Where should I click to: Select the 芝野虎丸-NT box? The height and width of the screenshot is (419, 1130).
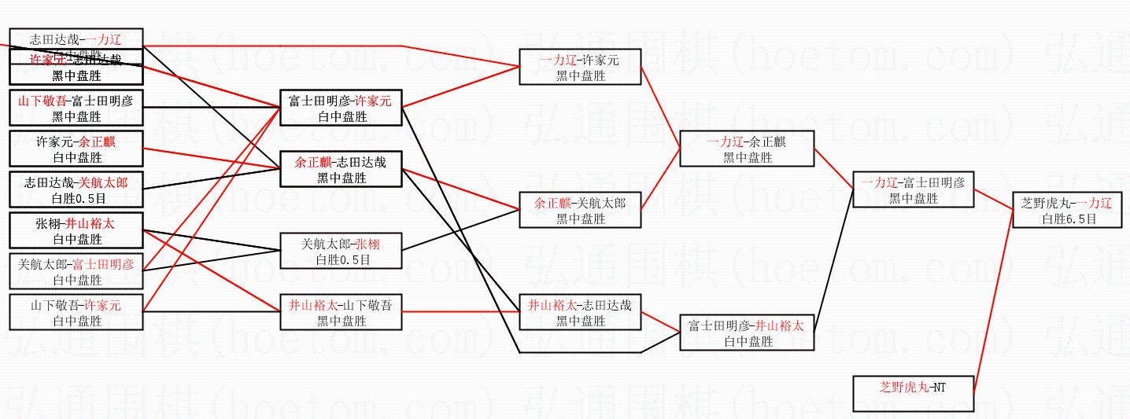[x=914, y=393]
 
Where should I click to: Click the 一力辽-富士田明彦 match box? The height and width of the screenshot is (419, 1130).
[x=914, y=190]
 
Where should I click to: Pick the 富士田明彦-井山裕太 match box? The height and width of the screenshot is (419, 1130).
[x=746, y=333]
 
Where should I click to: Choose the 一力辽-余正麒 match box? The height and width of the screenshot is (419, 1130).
[x=746, y=149]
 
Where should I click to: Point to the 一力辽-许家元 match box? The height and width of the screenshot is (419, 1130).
[x=579, y=67]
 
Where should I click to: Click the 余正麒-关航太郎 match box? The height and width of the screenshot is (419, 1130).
[x=579, y=210]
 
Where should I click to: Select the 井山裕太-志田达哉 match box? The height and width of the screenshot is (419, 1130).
[x=579, y=312]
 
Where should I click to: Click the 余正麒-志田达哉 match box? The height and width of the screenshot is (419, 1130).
[x=341, y=169]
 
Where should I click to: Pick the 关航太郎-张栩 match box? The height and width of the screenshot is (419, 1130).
[x=341, y=251]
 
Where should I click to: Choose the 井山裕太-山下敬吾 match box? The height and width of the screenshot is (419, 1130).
[x=341, y=312]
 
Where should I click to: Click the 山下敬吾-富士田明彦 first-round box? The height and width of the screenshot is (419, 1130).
[x=76, y=108]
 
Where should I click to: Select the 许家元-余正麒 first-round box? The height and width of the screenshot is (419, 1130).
[x=76, y=149]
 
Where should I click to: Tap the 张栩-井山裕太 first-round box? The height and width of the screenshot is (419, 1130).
[x=76, y=230]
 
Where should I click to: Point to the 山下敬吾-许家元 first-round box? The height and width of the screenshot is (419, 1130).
[x=76, y=312]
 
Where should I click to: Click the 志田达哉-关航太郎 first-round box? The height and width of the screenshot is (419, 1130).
[x=76, y=189]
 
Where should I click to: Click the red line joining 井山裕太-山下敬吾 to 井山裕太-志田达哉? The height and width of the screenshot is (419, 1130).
[x=460, y=311]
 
